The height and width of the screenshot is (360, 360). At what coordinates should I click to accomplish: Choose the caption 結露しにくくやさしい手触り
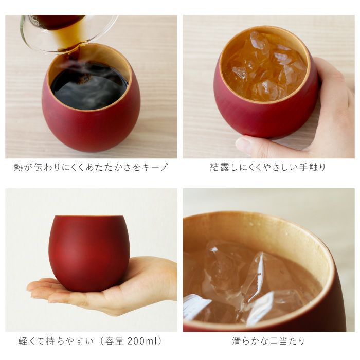click(x=268, y=167)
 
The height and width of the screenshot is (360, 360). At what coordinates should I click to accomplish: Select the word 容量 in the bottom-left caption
click(x=117, y=341)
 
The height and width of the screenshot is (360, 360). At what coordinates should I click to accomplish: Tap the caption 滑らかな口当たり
click(x=268, y=341)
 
